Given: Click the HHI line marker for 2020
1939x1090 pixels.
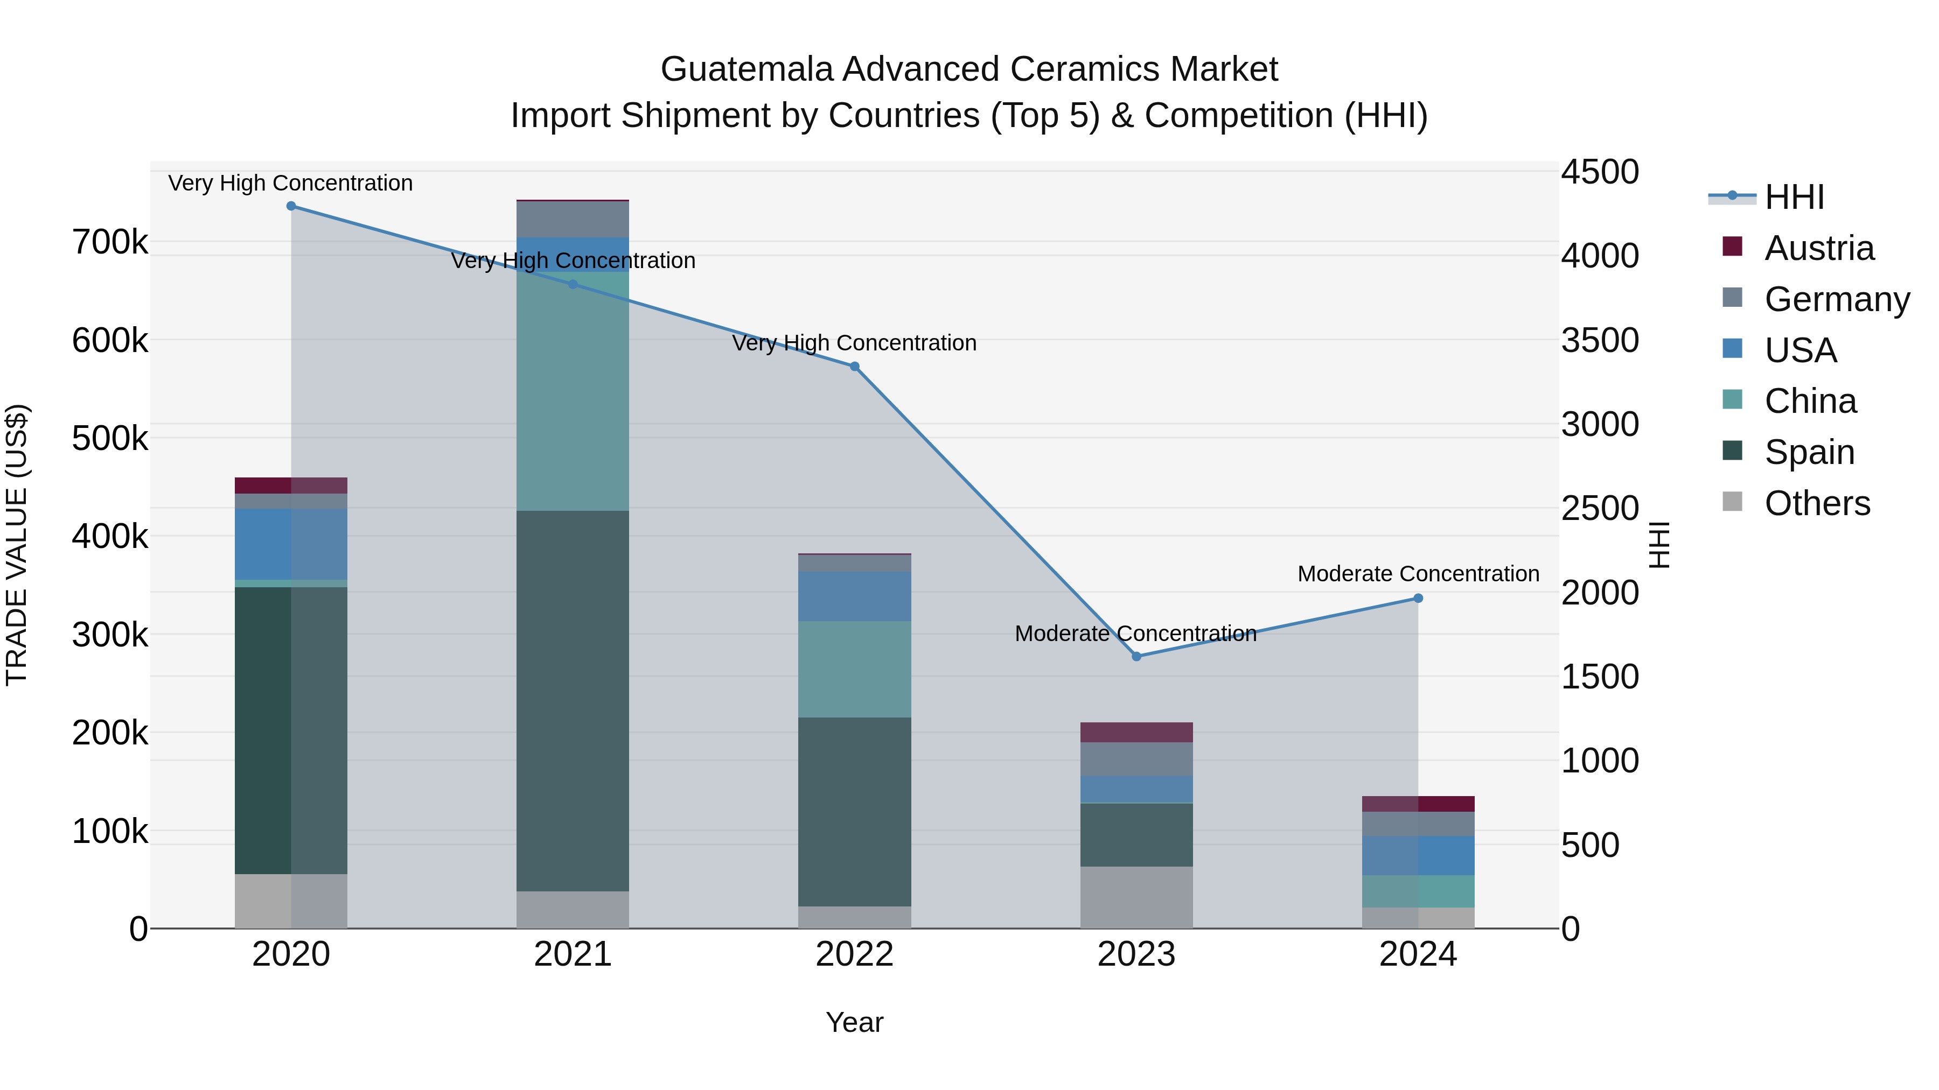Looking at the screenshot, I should click(x=291, y=206).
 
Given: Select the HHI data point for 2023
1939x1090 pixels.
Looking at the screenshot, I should click(x=1136, y=657).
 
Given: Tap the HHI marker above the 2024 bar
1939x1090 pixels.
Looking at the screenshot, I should click(x=1418, y=599).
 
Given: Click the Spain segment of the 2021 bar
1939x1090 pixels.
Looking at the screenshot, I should click(x=573, y=700).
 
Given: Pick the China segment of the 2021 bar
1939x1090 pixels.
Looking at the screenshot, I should click(x=573, y=391).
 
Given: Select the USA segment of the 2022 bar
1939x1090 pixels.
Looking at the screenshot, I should click(x=854, y=596).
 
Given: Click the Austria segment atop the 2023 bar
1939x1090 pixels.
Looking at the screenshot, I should click(x=1136, y=732).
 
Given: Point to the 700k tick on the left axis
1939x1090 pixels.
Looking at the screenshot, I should click(x=110, y=242).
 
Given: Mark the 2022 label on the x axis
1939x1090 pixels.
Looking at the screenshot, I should click(x=854, y=954).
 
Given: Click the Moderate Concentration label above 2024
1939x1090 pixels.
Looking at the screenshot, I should click(x=1418, y=574).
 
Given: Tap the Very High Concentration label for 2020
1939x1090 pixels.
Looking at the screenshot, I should click(x=290, y=183).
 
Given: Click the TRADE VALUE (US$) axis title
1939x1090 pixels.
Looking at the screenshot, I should click(x=17, y=545).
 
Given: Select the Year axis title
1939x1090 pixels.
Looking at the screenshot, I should click(x=854, y=1022).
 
